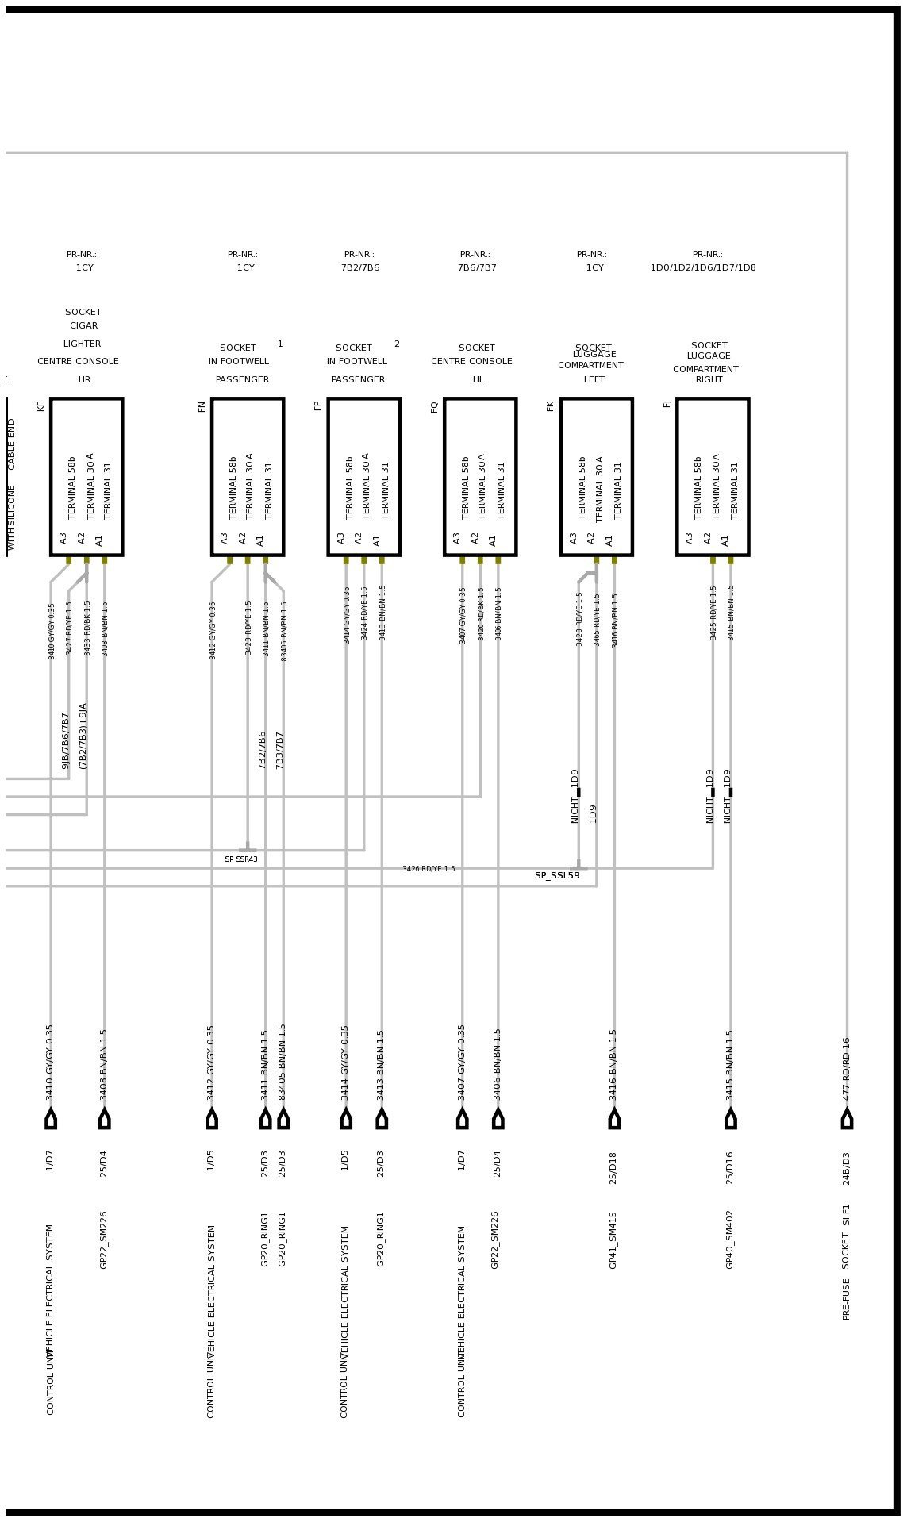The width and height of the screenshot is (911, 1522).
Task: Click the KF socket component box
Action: coord(86,476)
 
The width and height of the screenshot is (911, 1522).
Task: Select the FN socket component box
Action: coord(248,476)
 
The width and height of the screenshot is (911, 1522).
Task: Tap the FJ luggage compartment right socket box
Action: coord(713,476)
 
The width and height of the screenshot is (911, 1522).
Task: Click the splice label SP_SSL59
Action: coord(557,875)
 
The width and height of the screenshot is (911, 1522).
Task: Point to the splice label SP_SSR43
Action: coord(241,859)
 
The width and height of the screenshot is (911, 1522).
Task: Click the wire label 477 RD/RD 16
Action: coord(847,1068)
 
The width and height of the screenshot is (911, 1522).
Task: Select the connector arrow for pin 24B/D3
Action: coord(847,1119)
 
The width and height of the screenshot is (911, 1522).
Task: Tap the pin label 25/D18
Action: coord(613,1167)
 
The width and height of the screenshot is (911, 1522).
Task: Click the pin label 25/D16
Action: coord(730,1167)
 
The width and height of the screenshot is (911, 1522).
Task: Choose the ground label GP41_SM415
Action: coord(613,1240)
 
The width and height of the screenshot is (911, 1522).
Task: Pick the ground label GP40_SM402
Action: coord(730,1239)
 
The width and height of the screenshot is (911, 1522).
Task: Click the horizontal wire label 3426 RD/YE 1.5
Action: coord(429,869)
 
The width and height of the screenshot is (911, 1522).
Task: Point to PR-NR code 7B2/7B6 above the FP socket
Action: coord(360,267)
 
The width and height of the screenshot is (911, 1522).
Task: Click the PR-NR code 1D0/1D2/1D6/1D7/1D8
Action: coord(703,267)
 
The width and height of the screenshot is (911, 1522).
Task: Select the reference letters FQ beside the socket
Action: coord(434,406)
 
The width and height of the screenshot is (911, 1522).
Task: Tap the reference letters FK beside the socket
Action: coord(550,405)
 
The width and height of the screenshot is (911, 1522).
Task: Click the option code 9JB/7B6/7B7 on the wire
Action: coord(66,740)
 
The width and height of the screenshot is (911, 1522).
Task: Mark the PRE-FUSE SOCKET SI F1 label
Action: coord(847,1262)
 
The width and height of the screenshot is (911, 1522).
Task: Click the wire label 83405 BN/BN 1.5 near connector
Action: coord(283,1061)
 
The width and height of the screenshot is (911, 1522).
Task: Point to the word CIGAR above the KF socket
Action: coord(83,325)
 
